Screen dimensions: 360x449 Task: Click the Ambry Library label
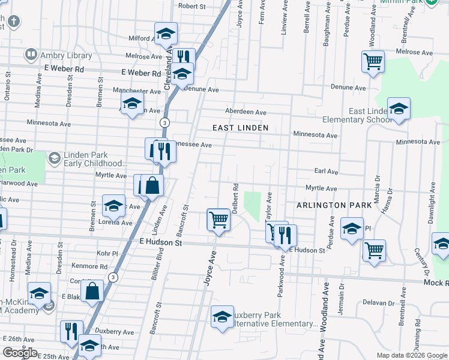pos(66,55)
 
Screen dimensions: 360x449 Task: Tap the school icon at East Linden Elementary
pos(399,110)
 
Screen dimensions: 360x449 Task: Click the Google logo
pos(20,353)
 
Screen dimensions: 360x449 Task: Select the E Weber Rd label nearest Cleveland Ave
pos(142,73)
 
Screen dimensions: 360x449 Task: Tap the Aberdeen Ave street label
pos(246,112)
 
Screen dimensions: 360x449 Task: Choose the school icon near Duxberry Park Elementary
pos(222,317)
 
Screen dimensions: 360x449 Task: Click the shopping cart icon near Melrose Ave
pos(373,62)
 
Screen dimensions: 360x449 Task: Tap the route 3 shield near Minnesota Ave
pos(163,122)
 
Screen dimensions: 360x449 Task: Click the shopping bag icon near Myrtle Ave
pos(152,185)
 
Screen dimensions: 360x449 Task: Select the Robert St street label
pos(192,7)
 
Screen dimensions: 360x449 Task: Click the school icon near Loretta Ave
pos(113,206)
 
